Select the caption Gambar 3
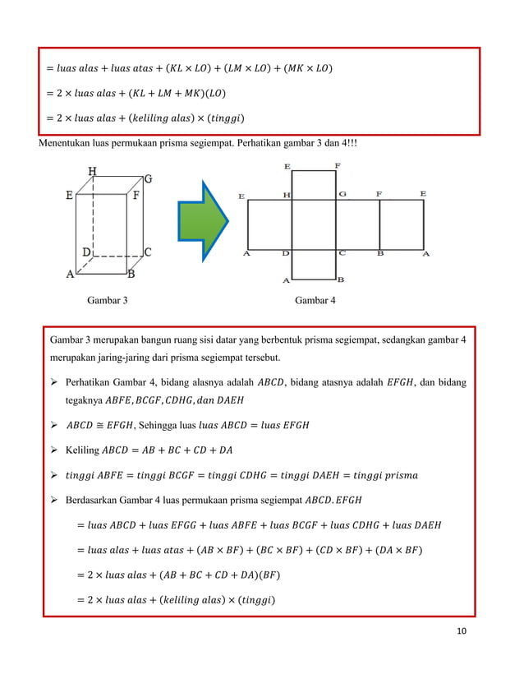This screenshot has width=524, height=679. point(108,302)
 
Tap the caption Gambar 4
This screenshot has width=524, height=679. point(315,302)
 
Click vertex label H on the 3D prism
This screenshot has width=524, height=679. point(93,171)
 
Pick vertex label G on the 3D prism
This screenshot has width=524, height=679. point(148,178)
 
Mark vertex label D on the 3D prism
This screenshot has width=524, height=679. point(85,251)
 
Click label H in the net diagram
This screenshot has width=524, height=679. point(287,195)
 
